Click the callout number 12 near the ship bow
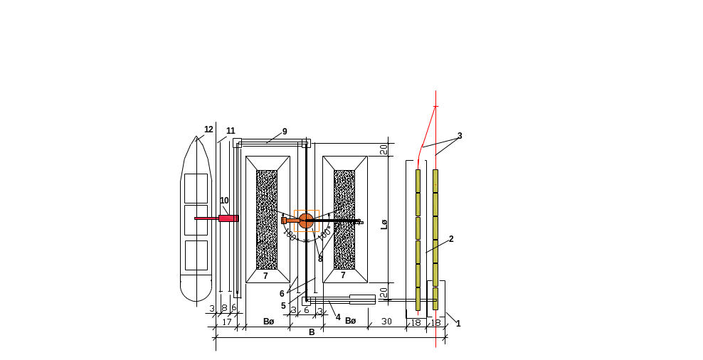[x=208, y=129]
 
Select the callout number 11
[x=231, y=131]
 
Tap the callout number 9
[x=284, y=132]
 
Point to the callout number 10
[x=224, y=201]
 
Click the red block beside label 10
[x=228, y=218]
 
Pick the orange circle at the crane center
[x=306, y=221]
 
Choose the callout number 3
[x=460, y=135]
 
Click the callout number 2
[x=450, y=240]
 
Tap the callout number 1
[x=458, y=324]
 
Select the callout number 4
[x=338, y=317]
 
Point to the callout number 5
[x=283, y=306]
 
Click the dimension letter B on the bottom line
[x=311, y=332]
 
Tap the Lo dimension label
[x=384, y=225]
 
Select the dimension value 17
[x=226, y=322]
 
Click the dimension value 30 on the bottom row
[x=386, y=322]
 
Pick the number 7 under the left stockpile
[x=265, y=275]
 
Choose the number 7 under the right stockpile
[x=343, y=275]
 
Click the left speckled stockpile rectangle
[x=267, y=218]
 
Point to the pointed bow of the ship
[x=197, y=137]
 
